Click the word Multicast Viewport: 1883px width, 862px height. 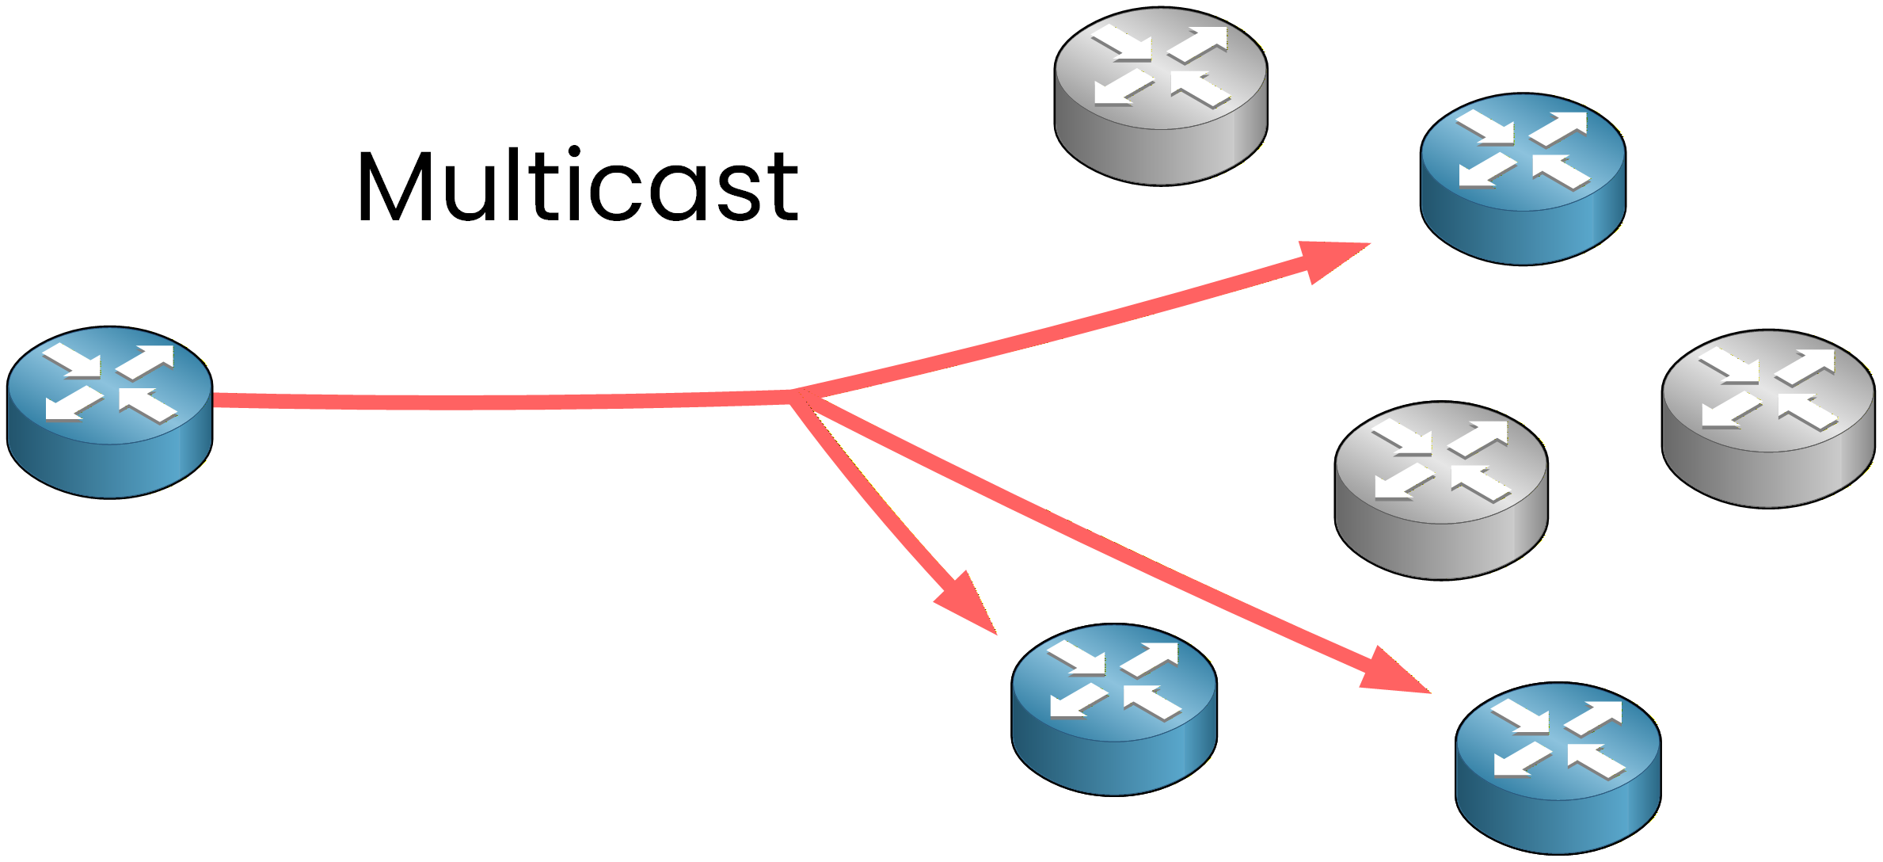tap(578, 186)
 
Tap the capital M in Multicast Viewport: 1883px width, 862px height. tap(396, 186)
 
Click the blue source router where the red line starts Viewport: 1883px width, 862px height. tap(109, 412)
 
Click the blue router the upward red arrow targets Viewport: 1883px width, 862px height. tap(1522, 179)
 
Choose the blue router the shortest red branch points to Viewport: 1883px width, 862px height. tap(1113, 709)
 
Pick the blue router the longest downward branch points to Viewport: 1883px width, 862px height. tap(1557, 768)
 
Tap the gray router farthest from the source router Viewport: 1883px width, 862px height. tap(1767, 418)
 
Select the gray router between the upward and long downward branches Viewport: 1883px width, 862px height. tap(1440, 490)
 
